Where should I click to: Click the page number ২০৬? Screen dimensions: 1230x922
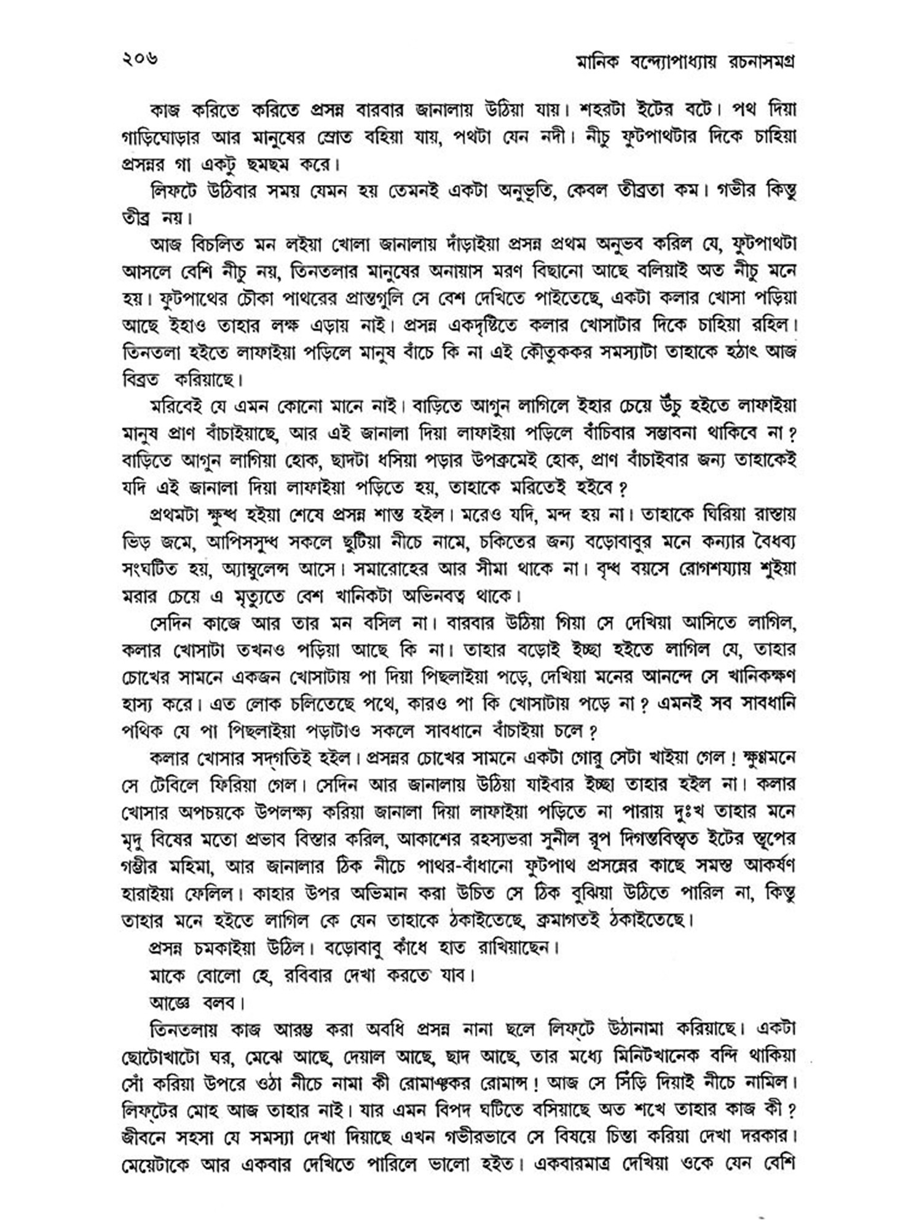pyautogui.click(x=141, y=60)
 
